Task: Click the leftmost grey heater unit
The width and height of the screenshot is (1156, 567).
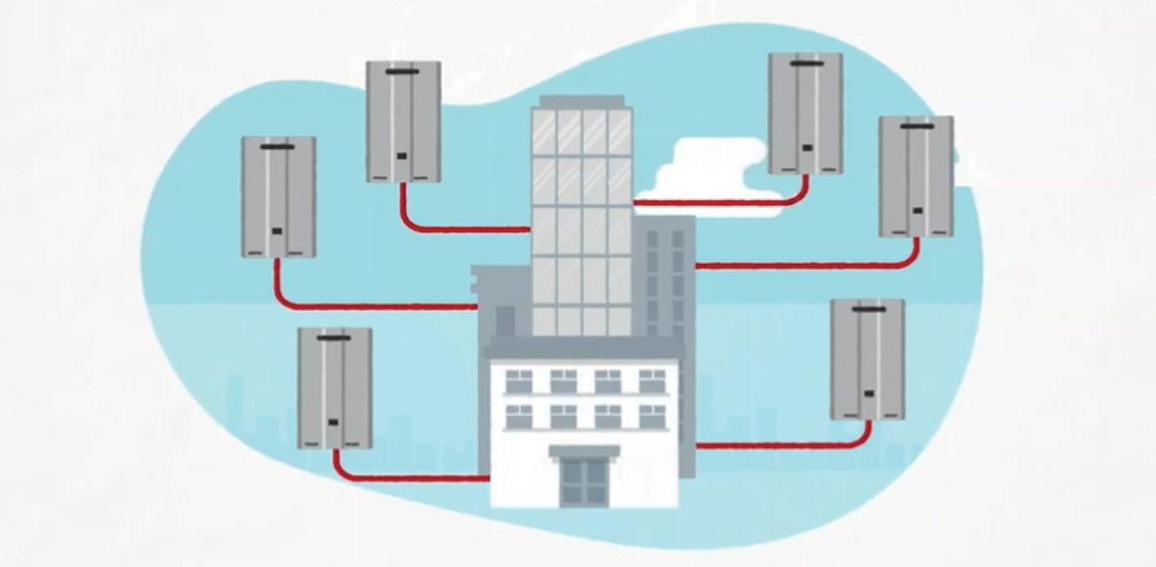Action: [279, 196]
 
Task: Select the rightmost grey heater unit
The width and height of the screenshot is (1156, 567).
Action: [915, 177]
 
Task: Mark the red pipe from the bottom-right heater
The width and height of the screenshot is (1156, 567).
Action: [785, 444]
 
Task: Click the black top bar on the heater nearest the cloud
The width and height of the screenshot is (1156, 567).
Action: [805, 63]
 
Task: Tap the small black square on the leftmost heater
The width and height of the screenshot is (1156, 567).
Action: [277, 232]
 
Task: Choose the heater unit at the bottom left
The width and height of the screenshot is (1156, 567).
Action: [335, 387]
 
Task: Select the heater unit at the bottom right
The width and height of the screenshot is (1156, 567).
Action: [867, 359]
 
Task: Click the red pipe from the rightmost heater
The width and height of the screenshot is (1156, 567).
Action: [805, 264]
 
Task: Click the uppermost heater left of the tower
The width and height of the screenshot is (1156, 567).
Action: [402, 122]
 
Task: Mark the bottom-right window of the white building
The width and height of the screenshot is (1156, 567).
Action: [652, 414]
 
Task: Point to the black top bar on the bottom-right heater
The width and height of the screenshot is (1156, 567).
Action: [867, 310]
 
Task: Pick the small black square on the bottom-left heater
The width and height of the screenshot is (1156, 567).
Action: [334, 423]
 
